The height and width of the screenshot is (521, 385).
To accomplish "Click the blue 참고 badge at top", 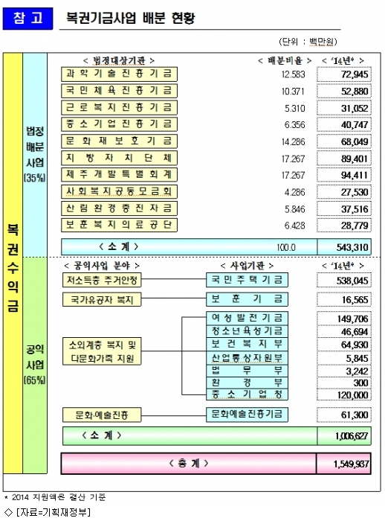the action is click(x=28, y=19).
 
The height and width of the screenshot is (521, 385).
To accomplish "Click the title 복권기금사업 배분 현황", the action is click(x=130, y=18).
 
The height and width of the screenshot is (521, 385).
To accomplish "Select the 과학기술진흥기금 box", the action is click(x=119, y=74).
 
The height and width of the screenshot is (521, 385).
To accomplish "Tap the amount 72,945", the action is click(x=355, y=74).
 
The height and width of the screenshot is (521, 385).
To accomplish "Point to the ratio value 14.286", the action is click(x=293, y=142).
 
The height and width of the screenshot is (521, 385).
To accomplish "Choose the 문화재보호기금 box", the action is click(x=119, y=141).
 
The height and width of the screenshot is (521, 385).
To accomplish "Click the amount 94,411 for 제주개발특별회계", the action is click(x=355, y=175).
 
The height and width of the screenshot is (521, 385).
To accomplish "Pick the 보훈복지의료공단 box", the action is click(x=119, y=225).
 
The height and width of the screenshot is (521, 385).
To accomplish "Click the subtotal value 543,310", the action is click(x=352, y=247).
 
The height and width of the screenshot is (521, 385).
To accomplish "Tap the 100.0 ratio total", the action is click(x=286, y=248).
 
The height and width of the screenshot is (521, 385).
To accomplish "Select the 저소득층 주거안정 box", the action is click(x=102, y=280).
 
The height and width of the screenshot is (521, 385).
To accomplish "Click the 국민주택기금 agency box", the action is click(x=247, y=280).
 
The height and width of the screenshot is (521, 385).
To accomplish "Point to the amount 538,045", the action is click(x=352, y=281).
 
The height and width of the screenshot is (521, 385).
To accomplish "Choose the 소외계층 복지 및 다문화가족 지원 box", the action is click(x=102, y=351).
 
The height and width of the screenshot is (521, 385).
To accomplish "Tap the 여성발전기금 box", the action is click(x=247, y=318).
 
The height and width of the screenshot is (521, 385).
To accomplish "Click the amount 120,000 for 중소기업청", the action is click(x=353, y=395).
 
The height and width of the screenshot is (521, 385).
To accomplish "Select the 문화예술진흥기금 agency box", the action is click(x=247, y=415).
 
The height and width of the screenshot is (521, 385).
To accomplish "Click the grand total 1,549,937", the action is click(x=351, y=464).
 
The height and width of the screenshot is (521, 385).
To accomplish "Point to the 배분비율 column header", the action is click(x=285, y=60).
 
